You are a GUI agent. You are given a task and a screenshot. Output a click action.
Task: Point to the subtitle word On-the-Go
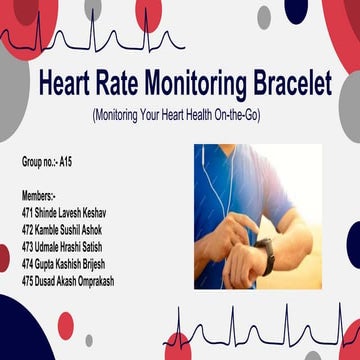(231, 115)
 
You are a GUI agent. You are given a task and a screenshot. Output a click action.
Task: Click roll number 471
(28, 213)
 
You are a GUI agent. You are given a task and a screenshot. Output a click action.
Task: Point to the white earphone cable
(211, 185)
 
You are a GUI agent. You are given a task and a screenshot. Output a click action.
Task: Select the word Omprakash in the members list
(91, 281)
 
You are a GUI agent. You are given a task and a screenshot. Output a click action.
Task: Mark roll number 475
(28, 281)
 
